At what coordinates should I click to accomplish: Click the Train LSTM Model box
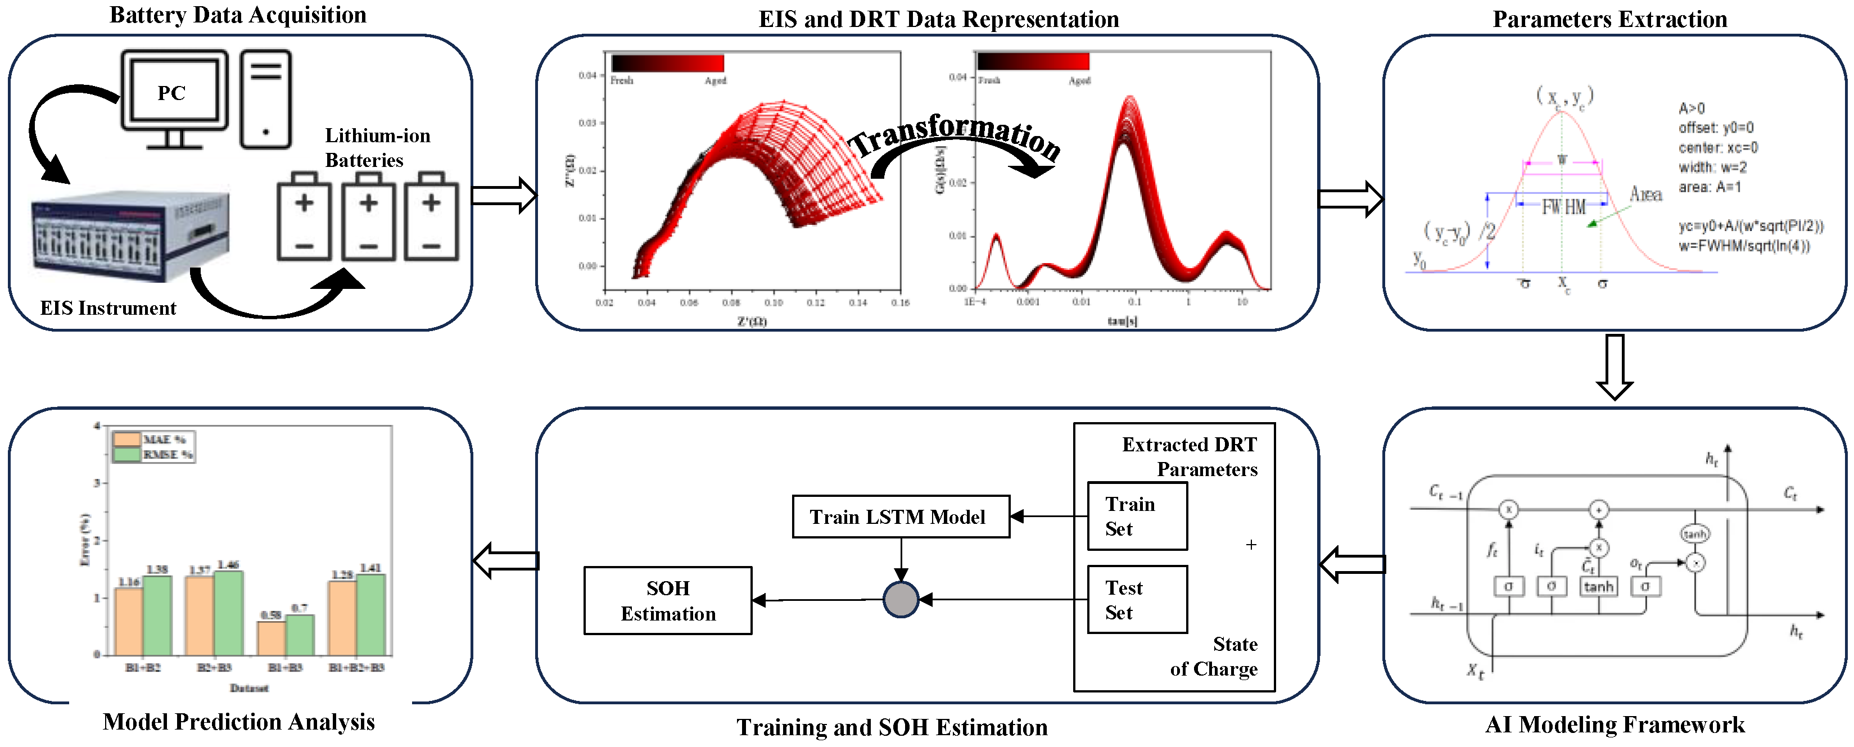pos(899,517)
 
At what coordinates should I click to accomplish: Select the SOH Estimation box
pos(668,601)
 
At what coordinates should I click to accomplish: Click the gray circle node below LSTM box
pos(901,600)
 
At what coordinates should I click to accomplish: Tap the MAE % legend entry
pos(152,439)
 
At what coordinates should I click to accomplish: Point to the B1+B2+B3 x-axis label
pos(356,668)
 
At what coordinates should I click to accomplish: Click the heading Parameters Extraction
pos(1609,19)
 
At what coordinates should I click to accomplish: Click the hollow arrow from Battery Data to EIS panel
pos(504,196)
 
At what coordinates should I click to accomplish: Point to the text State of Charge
pos(1215,657)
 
